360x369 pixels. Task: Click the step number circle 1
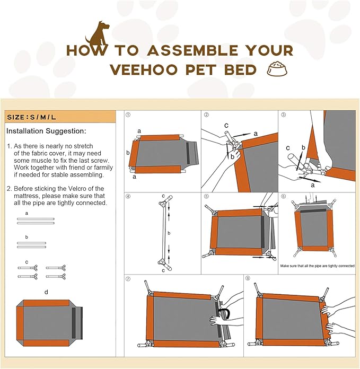click(128, 115)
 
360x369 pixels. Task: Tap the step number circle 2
click(206, 115)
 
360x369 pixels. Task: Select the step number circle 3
click(284, 115)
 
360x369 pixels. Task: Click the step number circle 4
click(128, 196)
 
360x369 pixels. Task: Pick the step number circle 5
click(206, 196)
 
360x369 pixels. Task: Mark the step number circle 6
click(284, 196)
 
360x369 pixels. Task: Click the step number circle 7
click(128, 278)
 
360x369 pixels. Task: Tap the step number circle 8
click(248, 278)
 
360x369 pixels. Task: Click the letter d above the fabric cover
click(46, 292)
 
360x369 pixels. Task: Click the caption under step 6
click(317, 266)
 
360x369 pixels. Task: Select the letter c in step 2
click(226, 126)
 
